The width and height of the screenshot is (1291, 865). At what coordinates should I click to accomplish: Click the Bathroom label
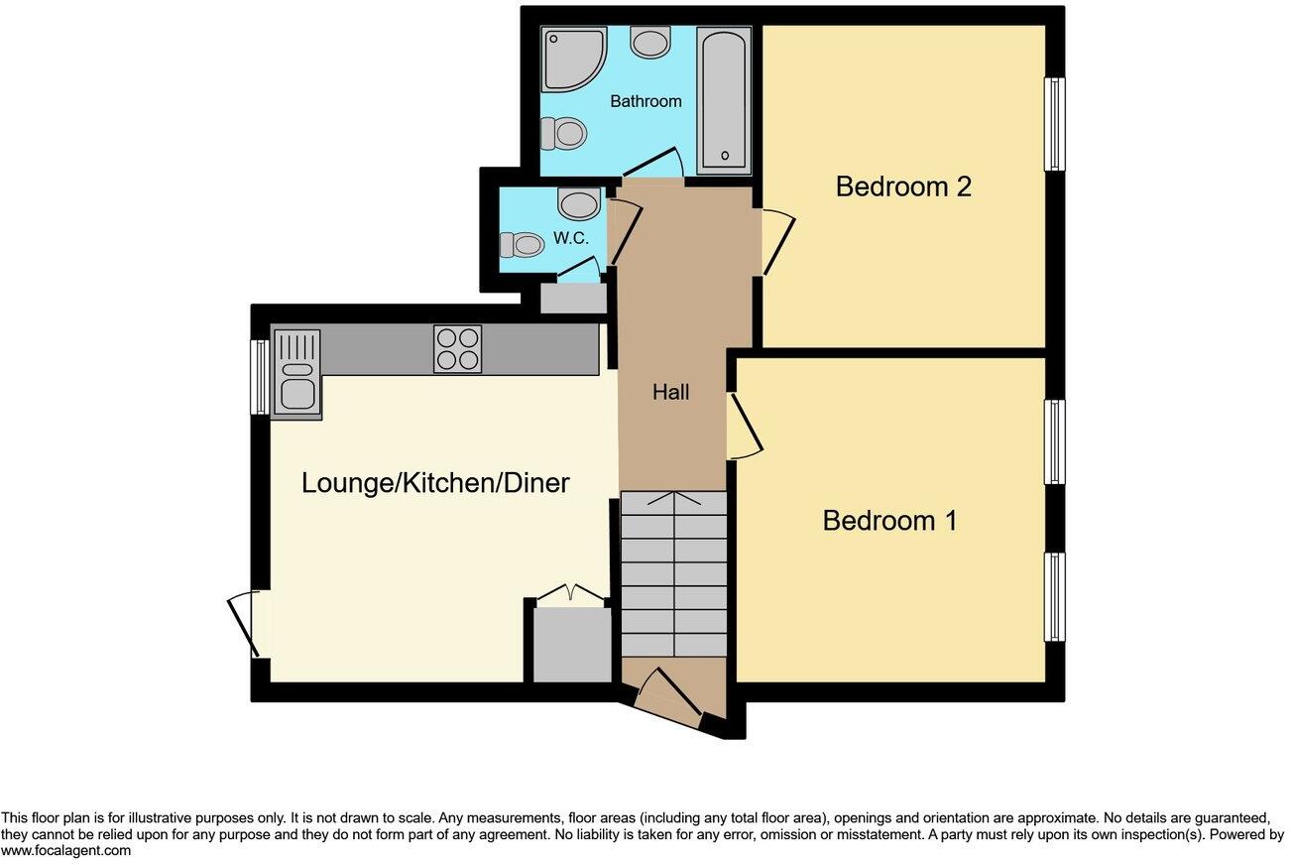point(645,101)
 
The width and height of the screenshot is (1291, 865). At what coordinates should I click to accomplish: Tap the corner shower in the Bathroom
point(572,59)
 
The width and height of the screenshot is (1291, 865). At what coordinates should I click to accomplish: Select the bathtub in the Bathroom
point(724,99)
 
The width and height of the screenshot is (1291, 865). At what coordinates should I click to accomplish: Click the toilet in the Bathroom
point(562,133)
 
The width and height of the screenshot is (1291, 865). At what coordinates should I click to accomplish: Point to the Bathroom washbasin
point(650,42)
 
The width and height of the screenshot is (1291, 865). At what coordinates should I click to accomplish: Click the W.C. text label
point(571,239)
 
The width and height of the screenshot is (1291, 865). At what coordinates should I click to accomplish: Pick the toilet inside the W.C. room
point(520,244)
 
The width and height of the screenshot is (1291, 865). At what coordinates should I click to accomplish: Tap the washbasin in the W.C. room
point(579,204)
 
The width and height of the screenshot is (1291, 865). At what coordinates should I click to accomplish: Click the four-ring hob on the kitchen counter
point(457,349)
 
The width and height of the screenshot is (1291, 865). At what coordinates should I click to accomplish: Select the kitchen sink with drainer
point(295,374)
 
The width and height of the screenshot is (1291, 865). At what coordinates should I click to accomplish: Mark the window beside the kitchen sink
point(259,377)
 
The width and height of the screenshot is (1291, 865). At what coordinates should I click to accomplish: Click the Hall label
point(670,393)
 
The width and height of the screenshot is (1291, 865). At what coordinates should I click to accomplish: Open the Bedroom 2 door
point(777,242)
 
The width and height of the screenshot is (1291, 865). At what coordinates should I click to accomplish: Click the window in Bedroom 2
point(1056,125)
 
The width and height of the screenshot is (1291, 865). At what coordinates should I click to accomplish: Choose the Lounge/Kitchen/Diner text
point(435,483)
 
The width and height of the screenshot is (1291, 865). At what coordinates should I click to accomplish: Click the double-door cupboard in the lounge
point(571,640)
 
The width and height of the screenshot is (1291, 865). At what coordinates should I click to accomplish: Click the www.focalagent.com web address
point(65,851)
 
